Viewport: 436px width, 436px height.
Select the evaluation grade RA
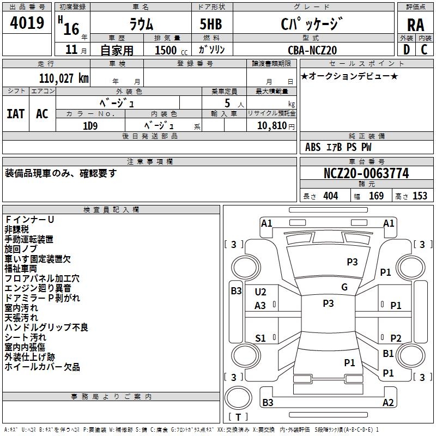click(415, 25)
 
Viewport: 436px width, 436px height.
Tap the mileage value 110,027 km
click(63, 78)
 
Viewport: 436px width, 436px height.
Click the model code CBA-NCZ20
click(312, 50)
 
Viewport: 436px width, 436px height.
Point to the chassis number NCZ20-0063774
click(366, 174)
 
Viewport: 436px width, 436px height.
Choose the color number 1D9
click(90, 125)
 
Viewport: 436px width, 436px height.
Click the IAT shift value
click(16, 113)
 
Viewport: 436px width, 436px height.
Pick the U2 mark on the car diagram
click(261, 293)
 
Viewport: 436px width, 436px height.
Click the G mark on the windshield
click(344, 287)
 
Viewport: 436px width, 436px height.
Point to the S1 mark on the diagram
click(261, 338)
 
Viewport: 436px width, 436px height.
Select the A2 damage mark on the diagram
click(388, 403)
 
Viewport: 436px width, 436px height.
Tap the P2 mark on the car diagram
click(396, 338)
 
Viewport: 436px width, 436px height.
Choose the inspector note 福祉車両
click(21, 269)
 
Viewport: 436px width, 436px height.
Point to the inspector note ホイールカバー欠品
click(43, 367)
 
